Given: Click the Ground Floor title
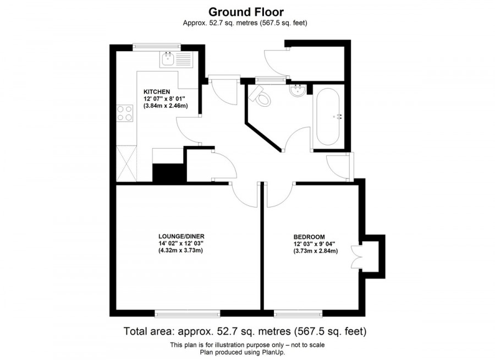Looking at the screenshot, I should coord(246,12).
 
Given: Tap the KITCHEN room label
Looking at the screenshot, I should coord(157,91).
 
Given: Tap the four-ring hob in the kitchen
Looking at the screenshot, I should coord(125,113).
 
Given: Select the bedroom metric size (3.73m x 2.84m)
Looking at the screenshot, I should coord(315,251).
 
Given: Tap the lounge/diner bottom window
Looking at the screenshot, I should coord(188,314).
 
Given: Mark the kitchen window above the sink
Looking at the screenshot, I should coord(157,47).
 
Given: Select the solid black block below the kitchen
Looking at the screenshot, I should coord(168,173).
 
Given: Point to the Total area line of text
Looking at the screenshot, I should coord(245,331).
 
